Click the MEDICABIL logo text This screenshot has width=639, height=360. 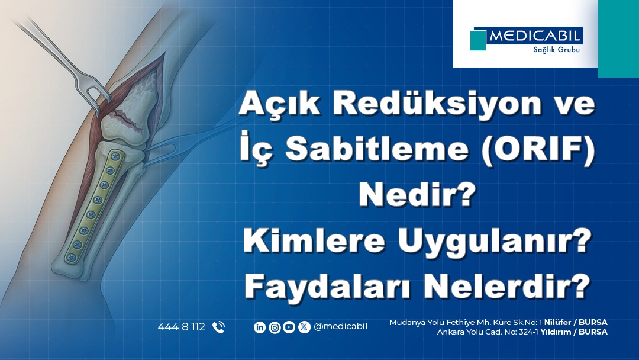click(535, 36)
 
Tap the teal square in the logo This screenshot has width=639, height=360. click(478, 40)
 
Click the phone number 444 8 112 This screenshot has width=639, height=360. click(181, 327)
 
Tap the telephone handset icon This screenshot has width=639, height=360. click(218, 327)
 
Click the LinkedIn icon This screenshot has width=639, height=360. click(260, 327)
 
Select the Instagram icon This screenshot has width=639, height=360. click(275, 327)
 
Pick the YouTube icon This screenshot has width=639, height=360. click(289, 327)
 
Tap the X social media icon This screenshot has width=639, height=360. click(304, 327)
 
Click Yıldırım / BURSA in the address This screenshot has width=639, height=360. click(574, 332)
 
